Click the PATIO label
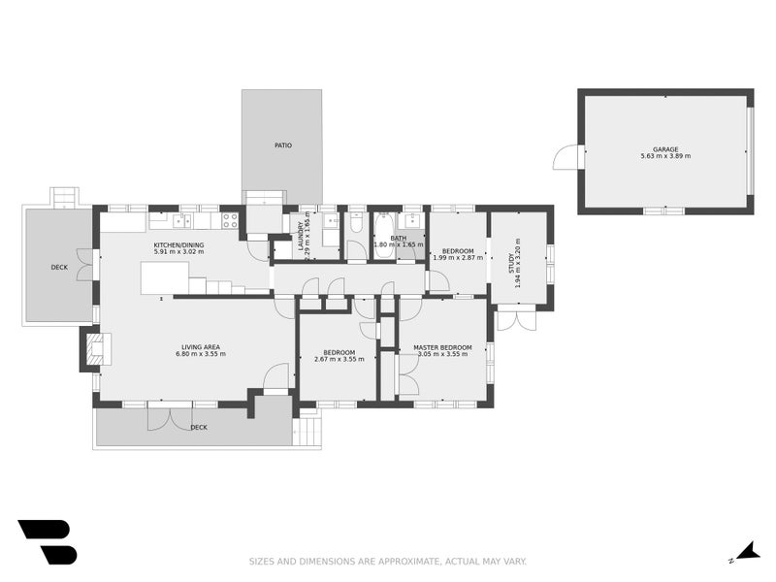(283, 145)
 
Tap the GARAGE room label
(665, 149)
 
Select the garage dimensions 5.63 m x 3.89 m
(665, 156)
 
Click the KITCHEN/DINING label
(178, 245)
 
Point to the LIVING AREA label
(201, 347)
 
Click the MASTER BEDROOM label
(442, 347)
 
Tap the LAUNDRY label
(301, 236)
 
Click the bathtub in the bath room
(382, 236)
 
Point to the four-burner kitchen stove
(229, 221)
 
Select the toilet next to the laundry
(356, 223)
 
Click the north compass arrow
(747, 552)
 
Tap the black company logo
(48, 542)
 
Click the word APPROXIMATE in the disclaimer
(408, 562)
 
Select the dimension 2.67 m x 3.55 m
(339, 359)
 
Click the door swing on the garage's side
(566, 156)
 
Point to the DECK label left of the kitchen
(59, 268)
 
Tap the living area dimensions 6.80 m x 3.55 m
(201, 354)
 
